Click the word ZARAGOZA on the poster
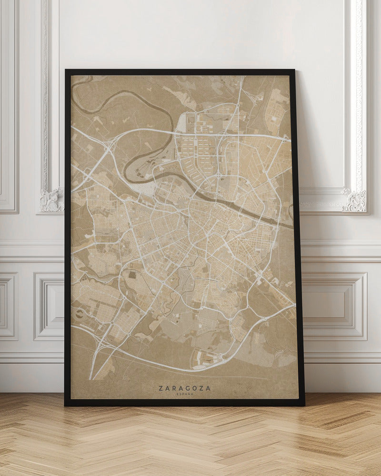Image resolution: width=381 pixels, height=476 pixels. [185, 388]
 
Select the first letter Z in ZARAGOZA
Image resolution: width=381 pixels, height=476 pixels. [160, 388]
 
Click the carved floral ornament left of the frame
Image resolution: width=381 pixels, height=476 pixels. [51, 200]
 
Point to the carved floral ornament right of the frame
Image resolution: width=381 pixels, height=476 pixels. [355, 201]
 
